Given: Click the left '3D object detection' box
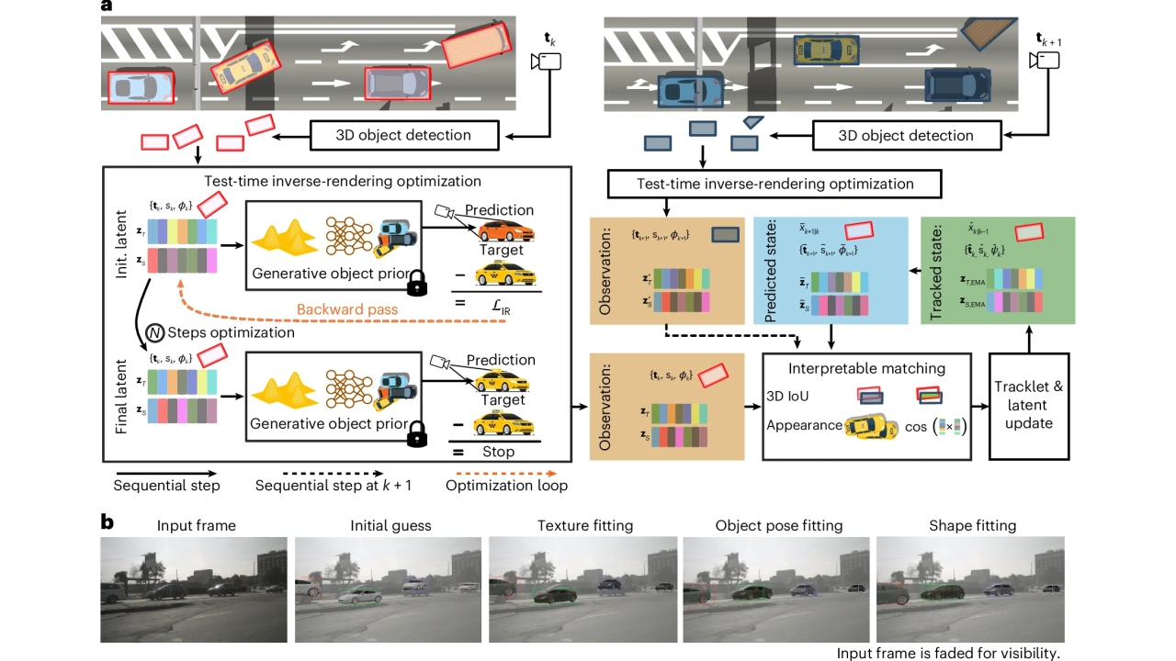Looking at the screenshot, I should pyautogui.click(x=402, y=135).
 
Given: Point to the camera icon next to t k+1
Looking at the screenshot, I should pyautogui.click(x=1046, y=60).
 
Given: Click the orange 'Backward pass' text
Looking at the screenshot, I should pyautogui.click(x=349, y=310).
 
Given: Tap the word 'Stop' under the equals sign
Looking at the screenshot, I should pyautogui.click(x=499, y=452).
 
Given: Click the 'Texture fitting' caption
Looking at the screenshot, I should pyautogui.click(x=586, y=526).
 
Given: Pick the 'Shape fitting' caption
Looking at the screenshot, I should pyautogui.click(x=973, y=526).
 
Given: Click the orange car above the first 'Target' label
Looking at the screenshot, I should pyautogui.click(x=500, y=230).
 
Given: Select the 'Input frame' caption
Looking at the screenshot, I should pyautogui.click(x=197, y=526).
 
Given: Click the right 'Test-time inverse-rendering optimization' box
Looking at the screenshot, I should pyautogui.click(x=775, y=184).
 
